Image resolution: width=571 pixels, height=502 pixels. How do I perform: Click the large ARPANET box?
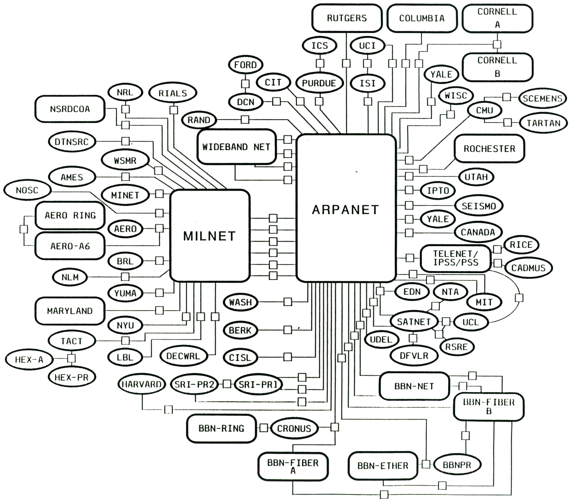pos(346,208)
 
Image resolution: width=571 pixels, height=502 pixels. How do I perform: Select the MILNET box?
pos(210,235)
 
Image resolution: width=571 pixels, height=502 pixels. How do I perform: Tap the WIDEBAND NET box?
pos(236,147)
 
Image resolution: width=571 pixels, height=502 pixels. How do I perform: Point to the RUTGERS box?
pos(347,18)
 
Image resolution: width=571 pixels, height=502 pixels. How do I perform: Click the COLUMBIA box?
pos(422,18)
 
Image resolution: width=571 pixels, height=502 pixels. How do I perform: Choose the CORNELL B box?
pos(497,67)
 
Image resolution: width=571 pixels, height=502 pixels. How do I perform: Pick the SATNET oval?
pos(414,321)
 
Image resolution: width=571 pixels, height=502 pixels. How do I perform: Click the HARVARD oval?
pos(142,384)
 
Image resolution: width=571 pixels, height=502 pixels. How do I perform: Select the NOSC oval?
pos(27,190)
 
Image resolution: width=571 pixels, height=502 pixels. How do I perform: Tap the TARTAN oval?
pos(543,123)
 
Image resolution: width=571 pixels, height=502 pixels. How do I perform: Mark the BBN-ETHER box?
pos(383,465)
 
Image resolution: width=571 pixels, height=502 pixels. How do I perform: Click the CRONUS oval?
pos(294,428)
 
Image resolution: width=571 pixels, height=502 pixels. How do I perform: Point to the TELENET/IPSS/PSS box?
pos(455,258)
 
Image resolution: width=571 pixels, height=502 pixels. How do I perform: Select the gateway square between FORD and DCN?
pos(245,84)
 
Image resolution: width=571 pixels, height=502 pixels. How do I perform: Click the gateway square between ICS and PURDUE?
pos(320,63)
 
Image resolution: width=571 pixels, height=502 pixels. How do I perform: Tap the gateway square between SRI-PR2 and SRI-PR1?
pos(227,384)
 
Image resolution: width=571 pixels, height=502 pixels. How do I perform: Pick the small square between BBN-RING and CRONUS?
pos(264,428)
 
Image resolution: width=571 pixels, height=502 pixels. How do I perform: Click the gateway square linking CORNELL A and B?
pos(497,44)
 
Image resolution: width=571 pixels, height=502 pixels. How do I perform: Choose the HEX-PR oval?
pos(71,377)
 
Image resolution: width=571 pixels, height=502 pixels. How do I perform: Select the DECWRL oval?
pos(183,356)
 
